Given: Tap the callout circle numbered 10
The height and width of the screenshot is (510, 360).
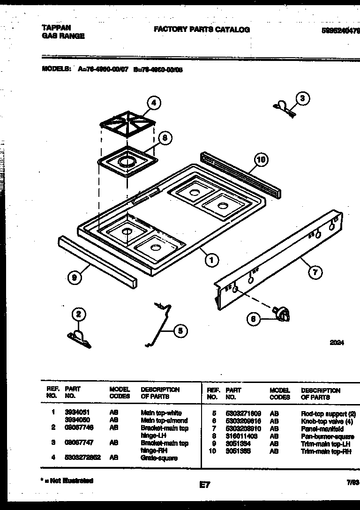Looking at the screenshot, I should (x=261, y=160).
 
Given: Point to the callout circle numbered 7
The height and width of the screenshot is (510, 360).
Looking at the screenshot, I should (x=315, y=271).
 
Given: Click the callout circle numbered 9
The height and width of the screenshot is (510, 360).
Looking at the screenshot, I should (x=74, y=278).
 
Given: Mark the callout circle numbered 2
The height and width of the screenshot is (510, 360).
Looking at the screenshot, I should (x=79, y=315).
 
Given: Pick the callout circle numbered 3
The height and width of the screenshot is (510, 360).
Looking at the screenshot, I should (x=302, y=98).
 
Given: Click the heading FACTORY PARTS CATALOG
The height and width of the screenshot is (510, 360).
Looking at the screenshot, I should (x=202, y=30).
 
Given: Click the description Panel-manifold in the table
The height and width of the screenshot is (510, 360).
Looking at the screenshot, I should (x=322, y=429).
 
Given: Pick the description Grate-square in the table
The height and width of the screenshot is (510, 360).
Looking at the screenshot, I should (x=159, y=458).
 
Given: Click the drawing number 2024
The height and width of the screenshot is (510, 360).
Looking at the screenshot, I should (x=336, y=343).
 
